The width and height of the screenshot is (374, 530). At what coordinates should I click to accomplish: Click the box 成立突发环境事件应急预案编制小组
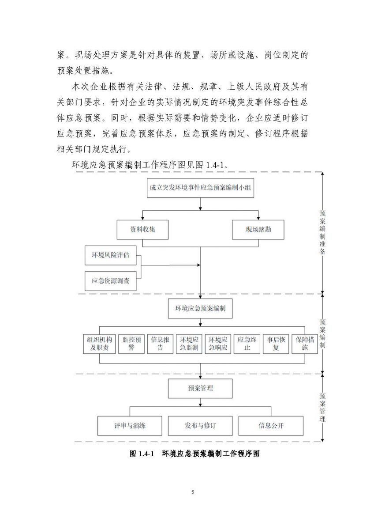pyautogui.click(x=200, y=188)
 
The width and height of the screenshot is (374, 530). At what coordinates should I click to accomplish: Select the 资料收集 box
pyautogui.click(x=143, y=230)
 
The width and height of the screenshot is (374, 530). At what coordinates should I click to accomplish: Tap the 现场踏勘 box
pyautogui.click(x=258, y=230)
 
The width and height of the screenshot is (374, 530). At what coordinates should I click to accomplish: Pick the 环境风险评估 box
pyautogui.click(x=111, y=255)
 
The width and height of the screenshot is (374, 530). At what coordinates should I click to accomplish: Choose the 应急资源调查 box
pyautogui.click(x=111, y=281)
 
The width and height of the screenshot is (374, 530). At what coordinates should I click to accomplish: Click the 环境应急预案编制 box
pyautogui.click(x=200, y=308)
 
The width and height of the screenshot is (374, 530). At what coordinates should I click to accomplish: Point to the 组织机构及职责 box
pyautogui.click(x=99, y=344)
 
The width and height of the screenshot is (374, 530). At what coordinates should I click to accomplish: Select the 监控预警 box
pyautogui.click(x=131, y=344)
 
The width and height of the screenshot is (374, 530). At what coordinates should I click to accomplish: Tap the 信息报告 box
pyautogui.click(x=160, y=344)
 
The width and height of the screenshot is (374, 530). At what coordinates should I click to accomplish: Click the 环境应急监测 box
pyautogui.click(x=189, y=344)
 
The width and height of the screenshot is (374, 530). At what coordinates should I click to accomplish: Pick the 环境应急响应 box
pyautogui.click(x=218, y=344)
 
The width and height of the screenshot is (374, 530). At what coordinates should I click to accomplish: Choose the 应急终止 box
pyautogui.click(x=247, y=344)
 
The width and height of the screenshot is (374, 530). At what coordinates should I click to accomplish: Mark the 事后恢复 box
pyautogui.click(x=276, y=344)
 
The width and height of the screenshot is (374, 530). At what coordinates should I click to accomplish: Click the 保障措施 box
pyautogui.click(x=305, y=344)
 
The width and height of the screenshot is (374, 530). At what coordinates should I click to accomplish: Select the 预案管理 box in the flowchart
pyautogui.click(x=200, y=388)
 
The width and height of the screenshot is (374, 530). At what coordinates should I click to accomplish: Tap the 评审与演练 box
pyautogui.click(x=130, y=426)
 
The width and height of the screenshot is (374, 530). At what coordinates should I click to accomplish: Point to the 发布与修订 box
pyautogui.click(x=200, y=426)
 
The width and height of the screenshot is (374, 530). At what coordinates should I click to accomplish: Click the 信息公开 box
pyautogui.click(x=271, y=426)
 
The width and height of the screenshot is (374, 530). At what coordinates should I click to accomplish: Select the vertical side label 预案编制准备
pyautogui.click(x=322, y=232)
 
